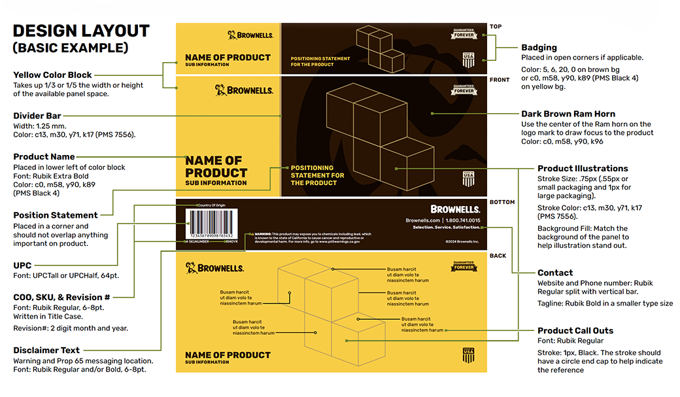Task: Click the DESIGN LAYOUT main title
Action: coord(81,31)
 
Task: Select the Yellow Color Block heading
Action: coord(52,75)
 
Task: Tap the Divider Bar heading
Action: coord(37,116)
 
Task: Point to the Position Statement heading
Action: coord(56,215)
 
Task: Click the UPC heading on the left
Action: coord(22,266)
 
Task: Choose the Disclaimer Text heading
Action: coord(46,351)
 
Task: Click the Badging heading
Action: coord(539,48)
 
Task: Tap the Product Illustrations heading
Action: coord(583,168)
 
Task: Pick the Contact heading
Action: coord(555,273)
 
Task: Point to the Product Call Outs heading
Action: coord(575,330)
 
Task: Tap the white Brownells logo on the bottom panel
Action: coord(455,209)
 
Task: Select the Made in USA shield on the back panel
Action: coord(468,355)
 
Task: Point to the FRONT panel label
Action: coord(499,80)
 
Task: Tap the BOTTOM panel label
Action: coord(502,202)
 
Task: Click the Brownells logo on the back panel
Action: coord(214,268)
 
